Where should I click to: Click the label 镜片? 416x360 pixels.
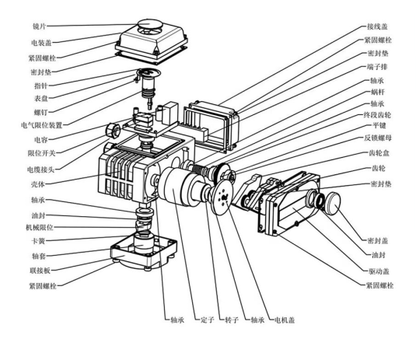pos(39,26)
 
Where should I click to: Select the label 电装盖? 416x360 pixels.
pos(41,43)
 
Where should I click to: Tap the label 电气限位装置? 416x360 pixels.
pos(42,125)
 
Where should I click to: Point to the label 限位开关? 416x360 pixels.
pos(42,153)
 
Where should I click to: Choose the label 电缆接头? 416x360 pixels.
pos(41,170)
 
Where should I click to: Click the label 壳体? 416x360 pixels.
pos(38,184)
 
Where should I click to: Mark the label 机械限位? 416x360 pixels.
pos(40,227)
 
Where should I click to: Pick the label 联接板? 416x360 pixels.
pos(40,271)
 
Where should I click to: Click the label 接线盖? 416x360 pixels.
pos(377,26)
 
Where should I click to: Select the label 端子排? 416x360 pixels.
pos(377,67)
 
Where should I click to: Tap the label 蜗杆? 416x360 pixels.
pos(377,92)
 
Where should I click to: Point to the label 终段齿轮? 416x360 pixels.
pos(377,115)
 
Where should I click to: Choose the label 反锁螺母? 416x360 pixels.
pos(378,138)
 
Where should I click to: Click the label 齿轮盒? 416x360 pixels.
pos(379,153)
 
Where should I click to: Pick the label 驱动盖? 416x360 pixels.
pos(379,271)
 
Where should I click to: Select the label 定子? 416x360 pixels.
pos(207,320)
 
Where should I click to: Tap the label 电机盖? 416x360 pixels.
pos(285,320)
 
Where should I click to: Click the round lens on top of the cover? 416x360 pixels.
pos(149,24)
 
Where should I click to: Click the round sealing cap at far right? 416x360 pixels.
pos(334,202)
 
